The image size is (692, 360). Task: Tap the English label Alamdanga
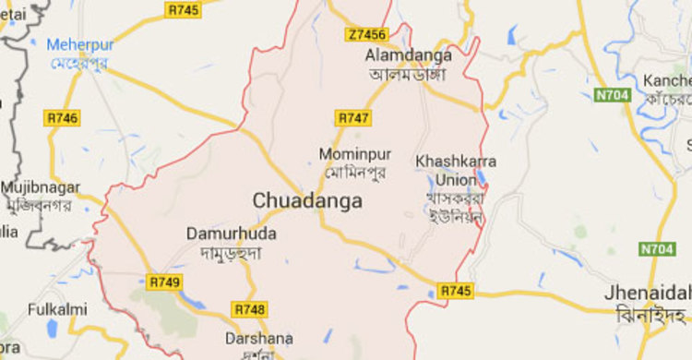point(405,55)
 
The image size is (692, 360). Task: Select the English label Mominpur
point(351,153)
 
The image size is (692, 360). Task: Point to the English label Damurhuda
point(231,234)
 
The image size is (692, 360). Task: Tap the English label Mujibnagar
point(35,186)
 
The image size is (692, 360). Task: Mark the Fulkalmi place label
point(57,309)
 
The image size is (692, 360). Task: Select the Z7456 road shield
point(367,35)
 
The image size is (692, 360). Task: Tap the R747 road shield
point(353,118)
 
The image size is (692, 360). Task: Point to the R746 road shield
point(62,117)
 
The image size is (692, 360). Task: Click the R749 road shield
point(163,281)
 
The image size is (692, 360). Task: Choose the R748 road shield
point(250,309)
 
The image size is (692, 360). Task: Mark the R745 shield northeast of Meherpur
point(183,10)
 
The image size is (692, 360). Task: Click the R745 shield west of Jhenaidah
point(456,291)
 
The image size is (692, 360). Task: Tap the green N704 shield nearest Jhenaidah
point(655,249)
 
